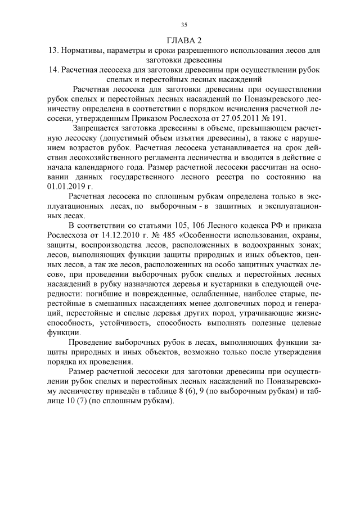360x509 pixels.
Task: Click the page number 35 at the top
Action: tap(184, 24)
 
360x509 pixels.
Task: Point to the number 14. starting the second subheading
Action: tap(56, 70)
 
